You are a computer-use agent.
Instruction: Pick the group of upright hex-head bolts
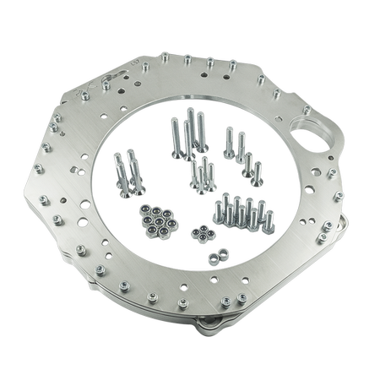[243, 215]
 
